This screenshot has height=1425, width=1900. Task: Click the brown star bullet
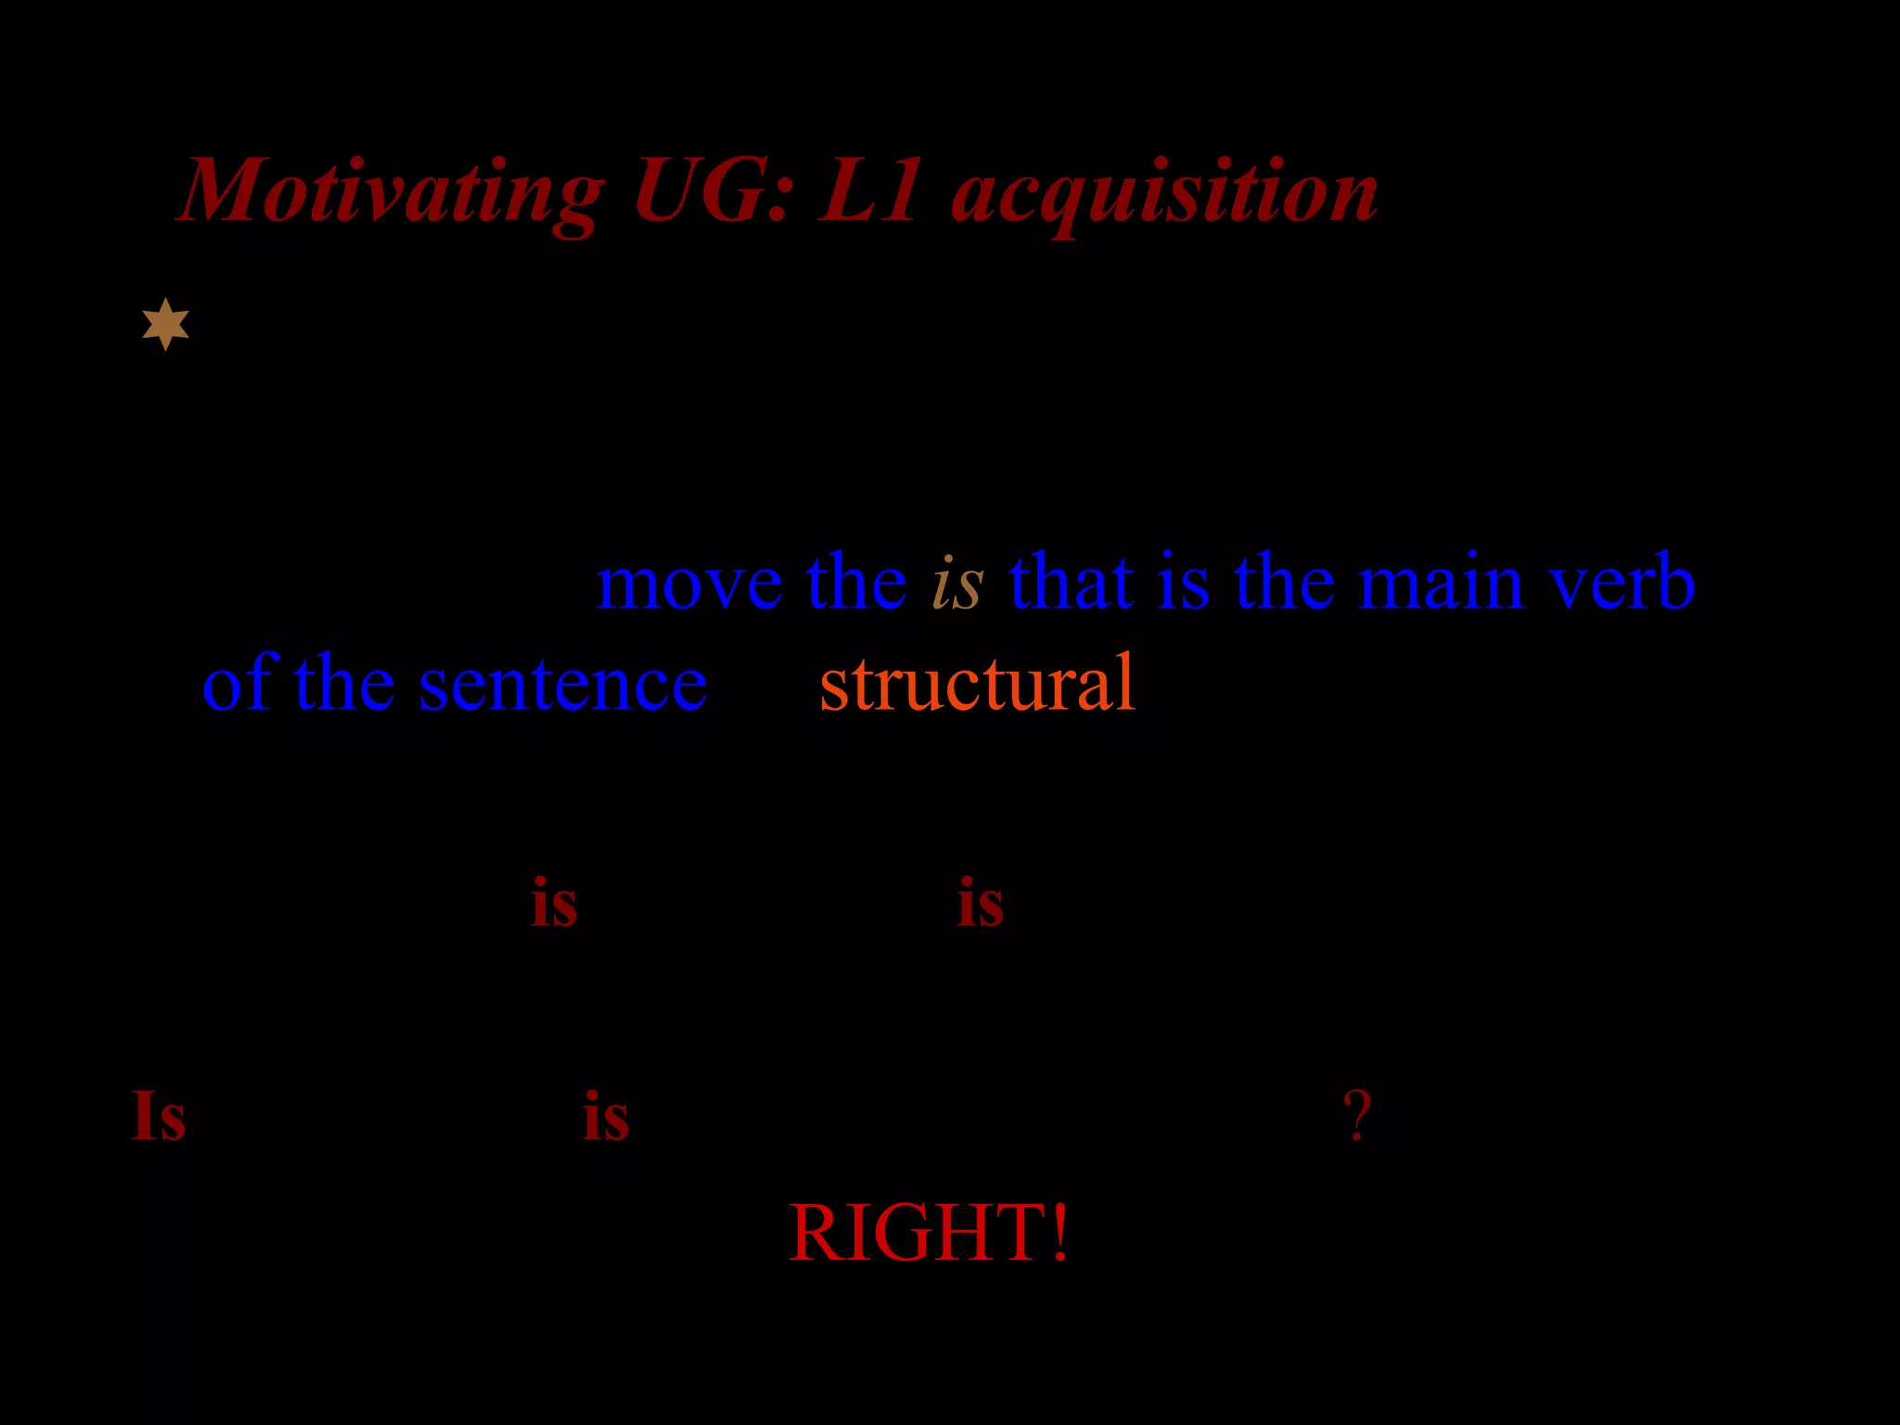coord(166,325)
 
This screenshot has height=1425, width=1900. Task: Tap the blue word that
coord(1072,583)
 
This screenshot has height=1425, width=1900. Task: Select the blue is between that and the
coord(1184,583)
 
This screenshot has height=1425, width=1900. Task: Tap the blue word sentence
coord(562,685)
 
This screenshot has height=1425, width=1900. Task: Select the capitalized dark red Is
coord(159,1115)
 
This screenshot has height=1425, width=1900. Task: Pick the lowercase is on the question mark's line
coord(606,1116)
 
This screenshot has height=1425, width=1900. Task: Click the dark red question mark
coord(1357,1116)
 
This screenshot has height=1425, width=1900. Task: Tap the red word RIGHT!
coord(929,1232)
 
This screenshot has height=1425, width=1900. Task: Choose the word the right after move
coord(856,583)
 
